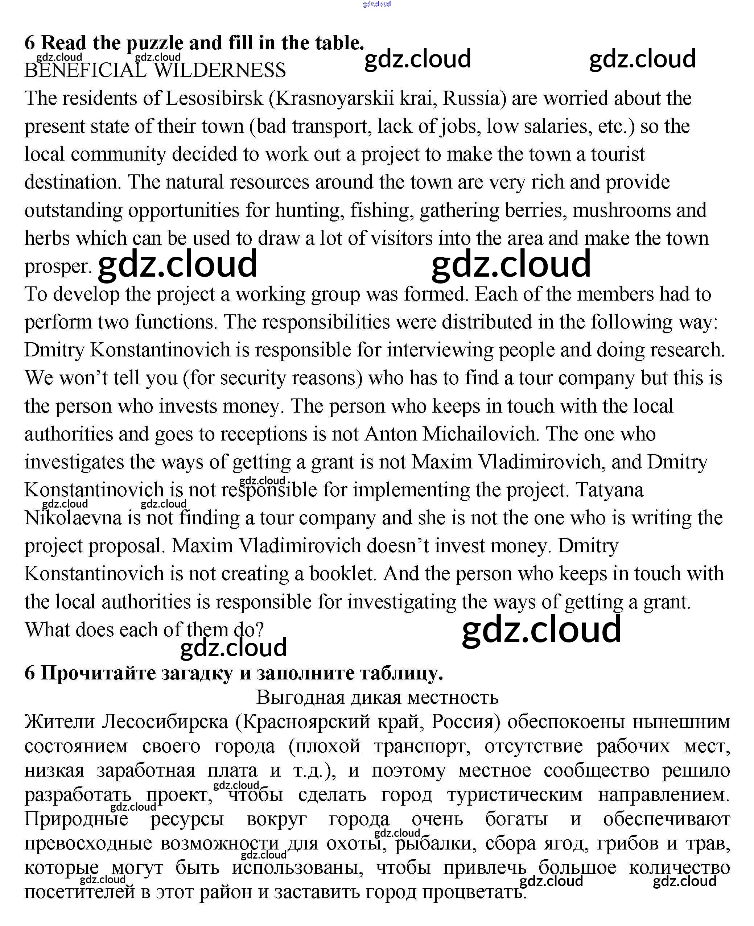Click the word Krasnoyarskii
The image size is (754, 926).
(334, 99)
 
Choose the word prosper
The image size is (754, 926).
(58, 266)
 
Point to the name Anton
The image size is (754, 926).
(390, 434)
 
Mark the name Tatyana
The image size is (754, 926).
(610, 490)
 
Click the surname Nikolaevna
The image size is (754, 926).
(73, 518)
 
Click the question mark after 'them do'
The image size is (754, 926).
(260, 630)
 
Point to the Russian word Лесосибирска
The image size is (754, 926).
(165, 722)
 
